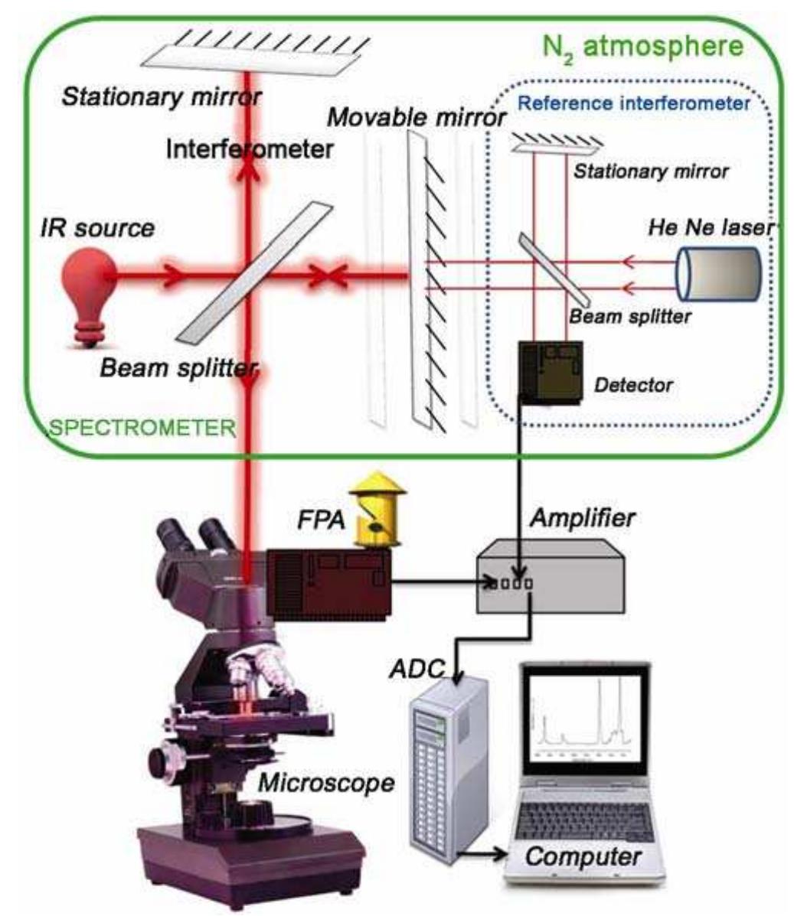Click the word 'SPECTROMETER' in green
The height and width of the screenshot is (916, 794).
(x=142, y=427)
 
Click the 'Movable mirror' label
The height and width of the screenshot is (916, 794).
(x=417, y=117)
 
